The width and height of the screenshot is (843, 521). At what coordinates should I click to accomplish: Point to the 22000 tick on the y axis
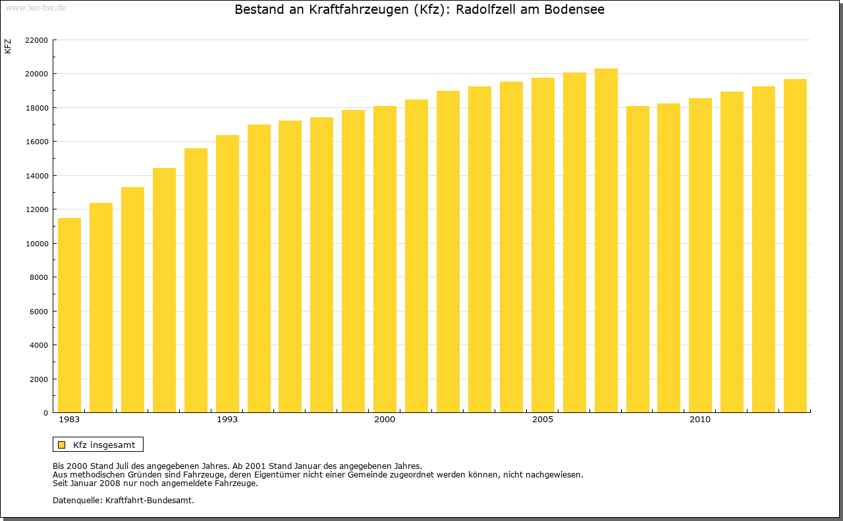pos(36,40)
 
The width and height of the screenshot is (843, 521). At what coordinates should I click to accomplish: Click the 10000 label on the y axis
pos(36,244)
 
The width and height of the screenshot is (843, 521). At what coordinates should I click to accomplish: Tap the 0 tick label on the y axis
pos(45,413)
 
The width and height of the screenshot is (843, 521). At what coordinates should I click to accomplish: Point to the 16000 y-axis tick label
pos(36,142)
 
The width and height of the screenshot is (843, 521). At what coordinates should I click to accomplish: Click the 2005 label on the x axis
pos(543,420)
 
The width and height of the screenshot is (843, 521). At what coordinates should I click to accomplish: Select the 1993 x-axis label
pos(227,420)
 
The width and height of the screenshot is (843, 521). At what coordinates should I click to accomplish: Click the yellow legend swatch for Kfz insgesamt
pos(61,445)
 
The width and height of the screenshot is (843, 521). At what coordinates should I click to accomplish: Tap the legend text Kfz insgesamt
pos(104,445)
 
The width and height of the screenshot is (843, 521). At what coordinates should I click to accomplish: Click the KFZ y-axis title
pos(8,46)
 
